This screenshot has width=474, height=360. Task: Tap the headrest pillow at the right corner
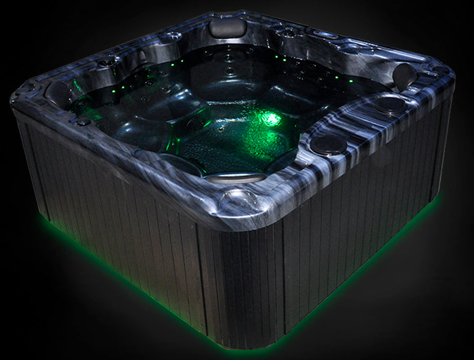[x=404, y=74]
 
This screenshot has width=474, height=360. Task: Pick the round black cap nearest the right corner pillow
[x=391, y=105]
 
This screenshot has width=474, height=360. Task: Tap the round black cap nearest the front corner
[x=328, y=145]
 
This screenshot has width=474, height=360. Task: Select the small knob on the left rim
[x=83, y=122]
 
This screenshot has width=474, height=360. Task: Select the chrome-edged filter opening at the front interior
[x=229, y=178]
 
